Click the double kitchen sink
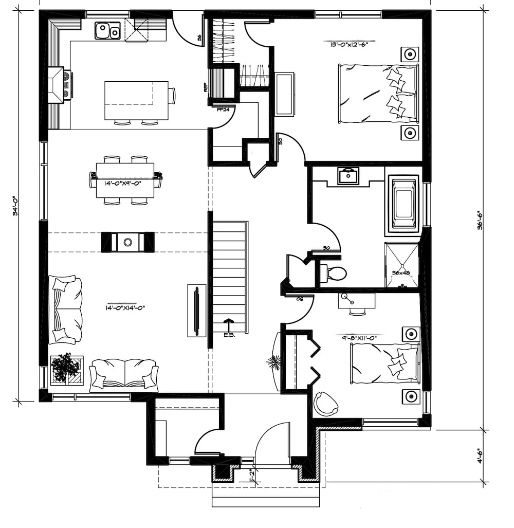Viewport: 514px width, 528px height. click(x=107, y=30)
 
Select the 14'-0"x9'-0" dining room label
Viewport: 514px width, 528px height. click(x=123, y=183)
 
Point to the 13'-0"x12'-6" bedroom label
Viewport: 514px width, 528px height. click(x=349, y=44)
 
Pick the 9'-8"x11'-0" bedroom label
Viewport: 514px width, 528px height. click(x=359, y=338)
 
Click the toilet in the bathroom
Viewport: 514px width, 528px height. click(x=334, y=273)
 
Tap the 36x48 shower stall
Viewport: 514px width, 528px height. click(x=401, y=265)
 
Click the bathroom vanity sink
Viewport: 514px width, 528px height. click(x=348, y=176)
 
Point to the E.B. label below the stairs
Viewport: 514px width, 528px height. click(x=229, y=335)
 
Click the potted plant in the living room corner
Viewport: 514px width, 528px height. click(x=66, y=368)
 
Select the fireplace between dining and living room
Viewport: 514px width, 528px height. click(x=127, y=242)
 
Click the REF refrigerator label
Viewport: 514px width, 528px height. click(x=206, y=87)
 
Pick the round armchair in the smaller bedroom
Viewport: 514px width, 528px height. click(x=326, y=403)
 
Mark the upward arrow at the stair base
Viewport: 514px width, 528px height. click(x=228, y=325)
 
